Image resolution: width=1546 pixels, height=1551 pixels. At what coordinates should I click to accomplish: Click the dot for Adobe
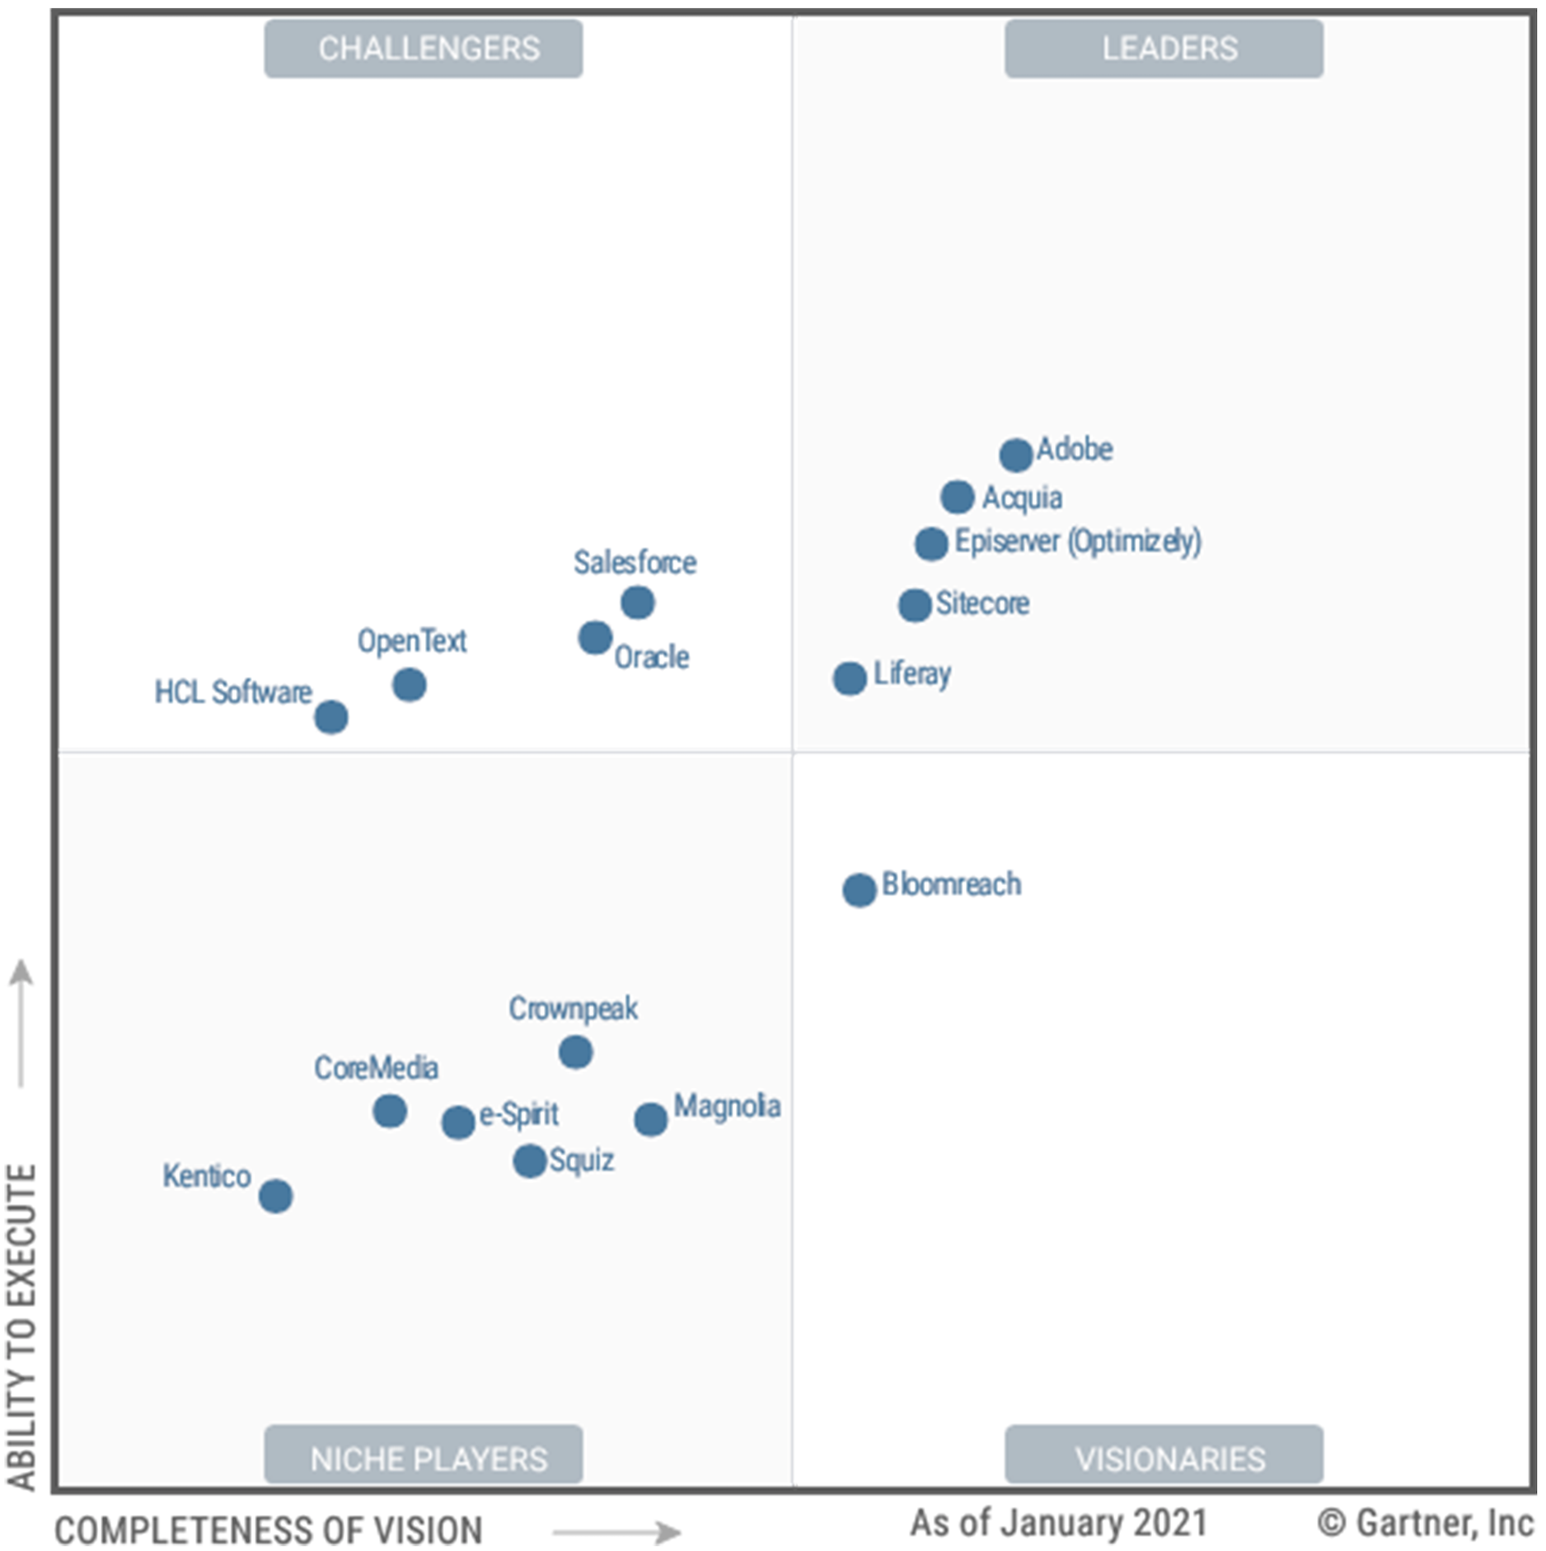click(1015, 454)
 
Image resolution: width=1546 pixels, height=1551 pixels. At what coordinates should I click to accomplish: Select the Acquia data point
click(957, 497)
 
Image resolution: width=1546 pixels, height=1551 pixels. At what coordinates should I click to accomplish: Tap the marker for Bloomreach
click(859, 890)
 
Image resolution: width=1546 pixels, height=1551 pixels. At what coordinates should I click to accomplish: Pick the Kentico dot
click(275, 1196)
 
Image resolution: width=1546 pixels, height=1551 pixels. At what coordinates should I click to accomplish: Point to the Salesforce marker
click(637, 602)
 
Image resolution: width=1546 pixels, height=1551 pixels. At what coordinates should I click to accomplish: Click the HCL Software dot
click(330, 717)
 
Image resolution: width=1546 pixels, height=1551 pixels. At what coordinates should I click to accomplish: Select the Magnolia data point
click(650, 1119)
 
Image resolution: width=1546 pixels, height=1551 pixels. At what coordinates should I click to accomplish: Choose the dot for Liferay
click(850, 678)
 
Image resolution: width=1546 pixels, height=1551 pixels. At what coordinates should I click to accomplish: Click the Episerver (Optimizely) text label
click(1077, 541)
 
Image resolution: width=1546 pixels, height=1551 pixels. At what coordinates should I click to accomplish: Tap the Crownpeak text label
click(573, 1009)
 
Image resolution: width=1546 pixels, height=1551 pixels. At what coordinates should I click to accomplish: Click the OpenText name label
click(411, 640)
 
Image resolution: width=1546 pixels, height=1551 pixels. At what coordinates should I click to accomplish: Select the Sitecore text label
click(981, 603)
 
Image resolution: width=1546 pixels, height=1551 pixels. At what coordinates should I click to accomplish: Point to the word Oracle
click(651, 657)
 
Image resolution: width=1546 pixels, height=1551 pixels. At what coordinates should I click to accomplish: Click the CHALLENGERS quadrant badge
click(423, 49)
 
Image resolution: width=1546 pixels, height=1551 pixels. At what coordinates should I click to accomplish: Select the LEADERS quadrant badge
click(1164, 49)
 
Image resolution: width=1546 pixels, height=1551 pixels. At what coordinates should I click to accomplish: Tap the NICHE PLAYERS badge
click(423, 1458)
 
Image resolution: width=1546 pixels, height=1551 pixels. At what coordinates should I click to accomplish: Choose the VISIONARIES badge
click(1164, 1458)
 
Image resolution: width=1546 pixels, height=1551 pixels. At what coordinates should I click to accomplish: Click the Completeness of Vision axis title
click(269, 1530)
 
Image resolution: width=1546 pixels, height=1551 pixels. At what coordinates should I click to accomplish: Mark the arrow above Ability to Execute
click(21, 1022)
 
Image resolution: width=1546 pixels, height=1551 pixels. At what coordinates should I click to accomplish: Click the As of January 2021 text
click(1058, 1523)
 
